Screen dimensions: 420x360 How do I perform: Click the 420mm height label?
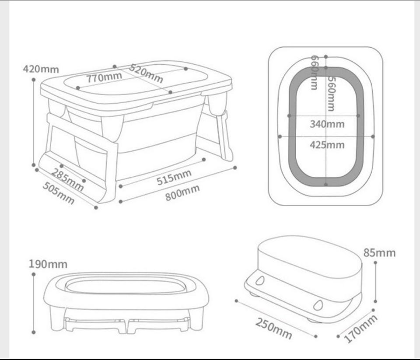pos(41,69)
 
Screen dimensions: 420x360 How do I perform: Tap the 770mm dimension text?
pos(104,77)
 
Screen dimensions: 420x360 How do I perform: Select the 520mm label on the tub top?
pos(146,73)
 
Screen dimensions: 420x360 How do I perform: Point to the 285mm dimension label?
pos(67,179)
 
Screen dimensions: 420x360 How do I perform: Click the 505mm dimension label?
pos(58,193)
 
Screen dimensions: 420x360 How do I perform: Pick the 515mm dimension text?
pos(174,177)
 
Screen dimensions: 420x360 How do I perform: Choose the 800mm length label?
pos(182,193)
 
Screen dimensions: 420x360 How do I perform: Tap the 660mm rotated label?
pos(315,72)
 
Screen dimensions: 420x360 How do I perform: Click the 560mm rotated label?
pos(332,94)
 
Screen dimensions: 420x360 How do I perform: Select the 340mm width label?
pos(327,124)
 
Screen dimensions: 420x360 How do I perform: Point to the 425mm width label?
pos(327,145)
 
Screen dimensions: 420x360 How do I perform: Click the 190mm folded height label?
pos(48,264)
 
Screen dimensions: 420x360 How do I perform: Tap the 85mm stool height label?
pos(379,253)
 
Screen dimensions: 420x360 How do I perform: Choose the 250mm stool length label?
pos(273,329)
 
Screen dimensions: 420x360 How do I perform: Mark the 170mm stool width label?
pos(360,329)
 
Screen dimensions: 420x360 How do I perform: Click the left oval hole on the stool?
pos(260,280)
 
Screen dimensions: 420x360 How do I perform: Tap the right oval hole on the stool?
pos(318,305)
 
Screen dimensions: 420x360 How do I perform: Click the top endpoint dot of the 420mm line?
pos(34,80)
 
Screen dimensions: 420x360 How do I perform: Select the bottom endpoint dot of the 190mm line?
pos(34,332)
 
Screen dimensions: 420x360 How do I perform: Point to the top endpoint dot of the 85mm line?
pos(375,263)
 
